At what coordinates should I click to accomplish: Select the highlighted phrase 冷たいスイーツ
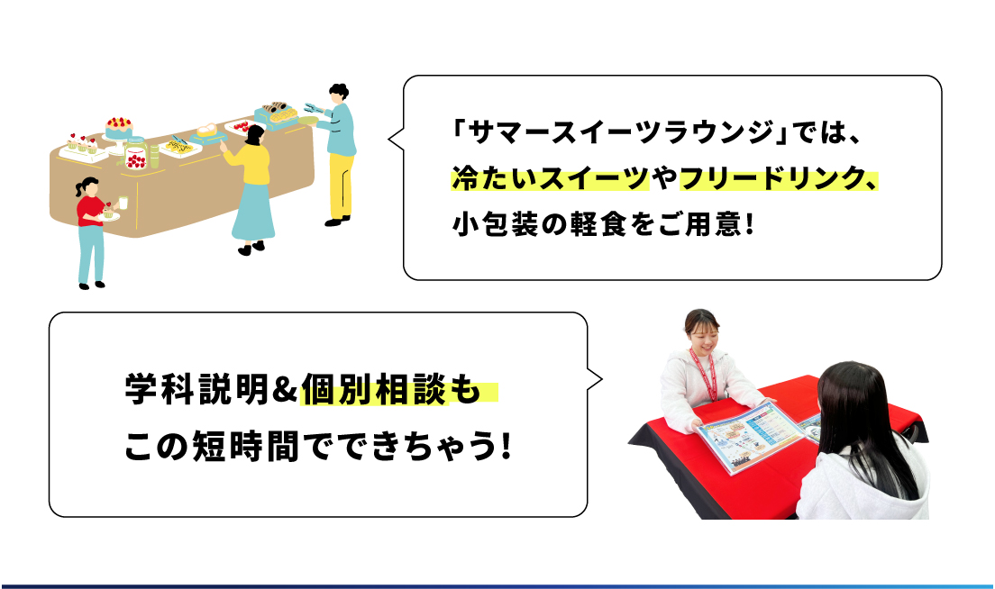(x=550, y=179)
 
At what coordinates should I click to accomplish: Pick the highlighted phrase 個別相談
(x=374, y=389)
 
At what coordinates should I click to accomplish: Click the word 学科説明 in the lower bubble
(x=197, y=389)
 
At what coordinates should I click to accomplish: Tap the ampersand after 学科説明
(x=285, y=389)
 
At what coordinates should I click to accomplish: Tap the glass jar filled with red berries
(x=136, y=155)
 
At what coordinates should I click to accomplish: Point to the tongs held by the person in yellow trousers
(x=315, y=108)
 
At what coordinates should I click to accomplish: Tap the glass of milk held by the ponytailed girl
(x=123, y=203)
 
